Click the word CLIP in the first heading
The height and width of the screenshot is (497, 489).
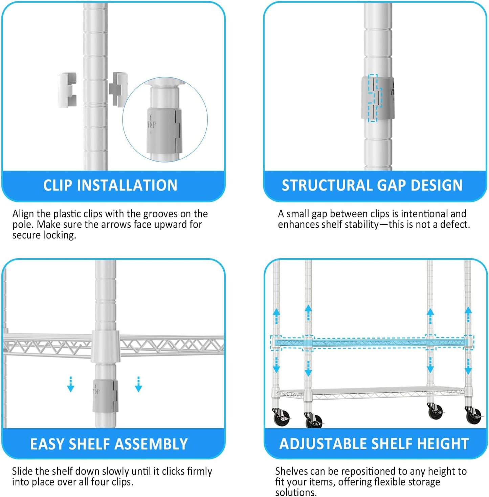click(x=58, y=185)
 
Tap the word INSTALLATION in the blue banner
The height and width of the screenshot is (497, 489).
click(x=127, y=185)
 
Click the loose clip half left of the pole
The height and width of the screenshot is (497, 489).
click(x=68, y=90)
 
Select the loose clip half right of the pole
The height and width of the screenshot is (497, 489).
click(x=118, y=89)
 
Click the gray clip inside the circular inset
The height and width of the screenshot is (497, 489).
click(x=164, y=130)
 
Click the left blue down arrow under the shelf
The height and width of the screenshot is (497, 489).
click(x=71, y=384)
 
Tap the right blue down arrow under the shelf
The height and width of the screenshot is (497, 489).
click(x=138, y=384)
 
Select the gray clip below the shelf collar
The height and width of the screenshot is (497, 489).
click(x=106, y=395)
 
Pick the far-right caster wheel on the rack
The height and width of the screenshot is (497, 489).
click(x=473, y=416)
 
